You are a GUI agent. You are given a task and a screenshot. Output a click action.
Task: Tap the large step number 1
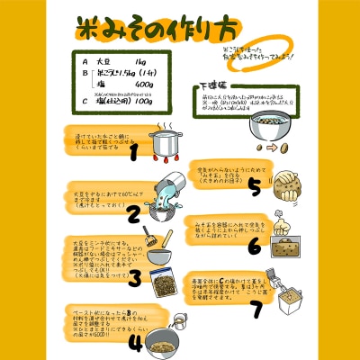click(x=133, y=152)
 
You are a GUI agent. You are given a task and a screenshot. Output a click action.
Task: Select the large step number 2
click(x=132, y=213)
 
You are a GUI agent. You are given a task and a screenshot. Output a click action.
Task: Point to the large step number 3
click(x=132, y=277)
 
